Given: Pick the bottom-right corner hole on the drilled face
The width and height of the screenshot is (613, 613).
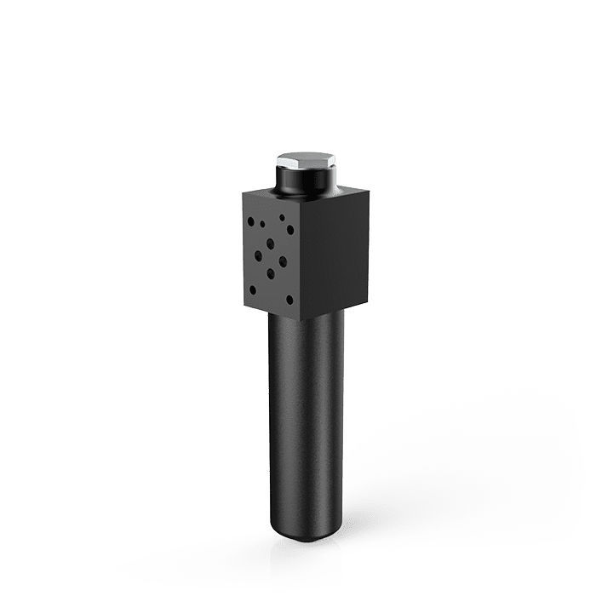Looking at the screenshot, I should (290, 300).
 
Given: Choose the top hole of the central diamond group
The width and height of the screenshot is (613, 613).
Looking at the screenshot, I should (270, 243).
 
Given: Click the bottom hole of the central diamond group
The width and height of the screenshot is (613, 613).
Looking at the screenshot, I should (270, 274).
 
